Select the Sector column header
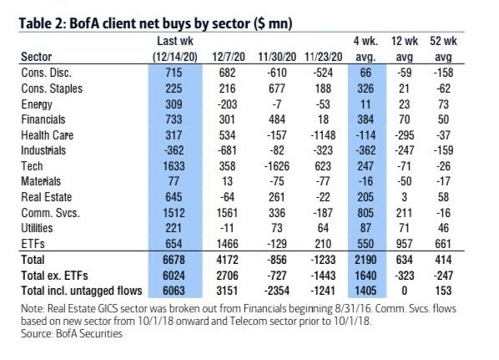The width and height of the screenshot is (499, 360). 36,57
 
